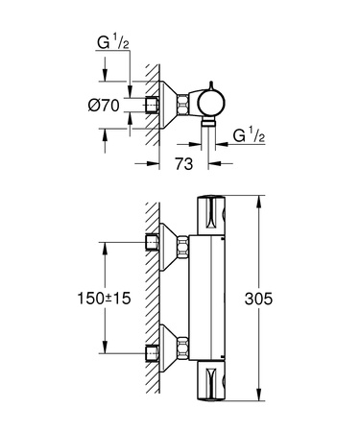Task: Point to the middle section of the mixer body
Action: coord(211,298)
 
